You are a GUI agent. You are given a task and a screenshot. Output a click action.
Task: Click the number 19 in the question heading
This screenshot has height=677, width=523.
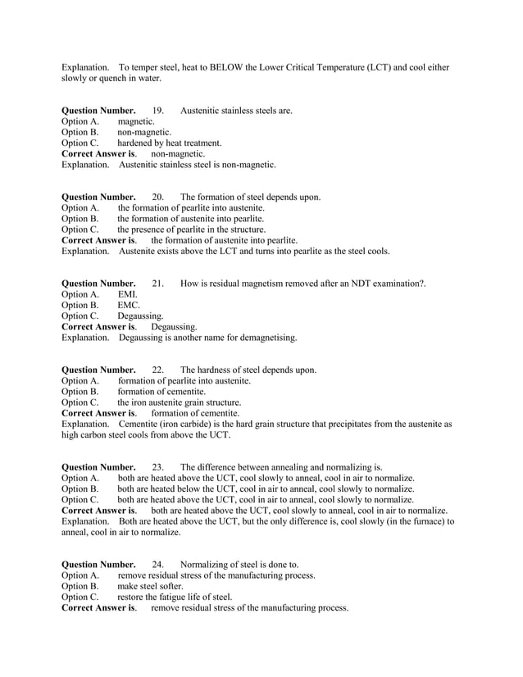tap(158, 111)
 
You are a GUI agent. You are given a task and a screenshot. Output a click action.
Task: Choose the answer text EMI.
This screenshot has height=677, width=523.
tap(128, 294)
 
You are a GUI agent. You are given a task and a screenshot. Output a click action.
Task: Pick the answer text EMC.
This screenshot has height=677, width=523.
tap(129, 305)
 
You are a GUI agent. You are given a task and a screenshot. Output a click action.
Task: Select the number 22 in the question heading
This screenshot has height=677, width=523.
tap(158, 370)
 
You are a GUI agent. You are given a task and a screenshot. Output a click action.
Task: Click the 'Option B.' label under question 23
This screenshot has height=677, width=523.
tap(80, 488)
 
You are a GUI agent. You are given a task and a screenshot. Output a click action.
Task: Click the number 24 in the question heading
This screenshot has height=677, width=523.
tap(158, 565)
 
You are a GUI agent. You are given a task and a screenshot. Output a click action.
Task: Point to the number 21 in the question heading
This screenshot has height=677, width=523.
tap(158, 284)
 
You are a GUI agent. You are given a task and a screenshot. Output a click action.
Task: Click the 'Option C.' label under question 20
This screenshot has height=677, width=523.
tap(80, 229)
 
